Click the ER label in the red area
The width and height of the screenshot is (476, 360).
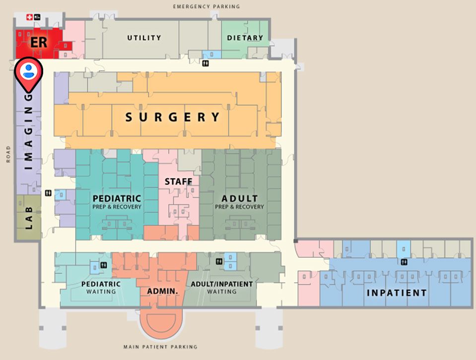click(x=39, y=42)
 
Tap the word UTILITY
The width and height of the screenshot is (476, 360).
click(x=144, y=38)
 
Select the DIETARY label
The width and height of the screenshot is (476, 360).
click(x=245, y=38)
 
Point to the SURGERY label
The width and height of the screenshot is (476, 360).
click(x=172, y=118)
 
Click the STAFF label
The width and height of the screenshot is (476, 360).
click(x=178, y=182)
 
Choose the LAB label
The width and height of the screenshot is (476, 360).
click(x=28, y=219)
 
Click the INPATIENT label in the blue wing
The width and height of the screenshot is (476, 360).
click(x=397, y=293)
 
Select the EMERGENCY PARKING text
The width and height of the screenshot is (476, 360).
click(x=206, y=6)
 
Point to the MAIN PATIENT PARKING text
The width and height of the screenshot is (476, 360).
click(x=160, y=347)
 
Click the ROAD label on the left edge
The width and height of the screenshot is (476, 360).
click(x=8, y=154)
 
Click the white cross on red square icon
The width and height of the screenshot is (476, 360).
click(x=29, y=17)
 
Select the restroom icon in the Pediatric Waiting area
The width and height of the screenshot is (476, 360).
click(x=103, y=265)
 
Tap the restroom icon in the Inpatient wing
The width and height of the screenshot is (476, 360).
click(x=405, y=262)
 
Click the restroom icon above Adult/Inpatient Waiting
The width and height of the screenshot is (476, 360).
click(x=219, y=261)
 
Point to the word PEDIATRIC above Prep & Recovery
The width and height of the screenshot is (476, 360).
click(x=117, y=198)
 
